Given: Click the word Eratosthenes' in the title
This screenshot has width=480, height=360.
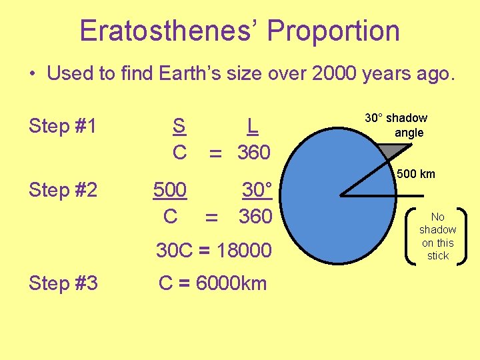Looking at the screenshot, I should tap(170, 31).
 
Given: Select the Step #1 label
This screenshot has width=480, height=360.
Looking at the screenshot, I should tap(63, 126).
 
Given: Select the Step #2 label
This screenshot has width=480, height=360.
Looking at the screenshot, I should tap(63, 190).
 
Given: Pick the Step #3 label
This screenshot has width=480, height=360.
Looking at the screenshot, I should tap(63, 283).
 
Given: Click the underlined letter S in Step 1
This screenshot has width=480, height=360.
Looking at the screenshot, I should tap(179, 125).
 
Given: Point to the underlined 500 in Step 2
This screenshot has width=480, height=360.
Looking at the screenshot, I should tap(170, 190).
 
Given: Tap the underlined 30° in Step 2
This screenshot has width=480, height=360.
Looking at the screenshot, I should tap(257, 190).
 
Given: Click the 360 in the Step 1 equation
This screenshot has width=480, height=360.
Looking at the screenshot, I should tap(254, 153).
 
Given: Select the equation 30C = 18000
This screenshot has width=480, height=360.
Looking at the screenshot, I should tap(213, 251).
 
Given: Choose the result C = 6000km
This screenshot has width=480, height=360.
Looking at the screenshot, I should tap(213, 283).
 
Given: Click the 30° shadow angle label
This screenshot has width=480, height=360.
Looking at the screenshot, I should tap(396, 125).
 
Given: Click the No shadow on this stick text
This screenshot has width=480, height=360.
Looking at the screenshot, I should tap(437, 236).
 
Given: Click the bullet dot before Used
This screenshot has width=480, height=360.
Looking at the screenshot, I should tap(33, 74).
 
